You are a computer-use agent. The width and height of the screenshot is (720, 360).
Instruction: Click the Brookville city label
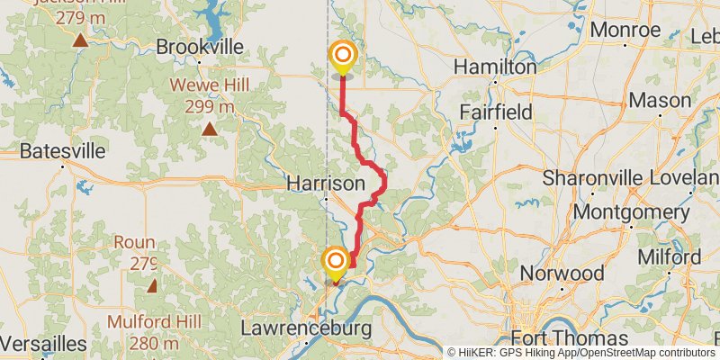pyautogui.click(x=201, y=46)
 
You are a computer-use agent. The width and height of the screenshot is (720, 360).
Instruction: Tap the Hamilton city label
pyautogui.click(x=495, y=67)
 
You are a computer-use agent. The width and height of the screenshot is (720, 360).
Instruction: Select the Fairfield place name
pyautogui.click(x=496, y=112)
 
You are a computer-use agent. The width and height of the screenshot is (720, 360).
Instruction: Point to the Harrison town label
pyautogui.click(x=326, y=183)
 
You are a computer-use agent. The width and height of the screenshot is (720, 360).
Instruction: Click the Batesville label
pyautogui.click(x=62, y=150)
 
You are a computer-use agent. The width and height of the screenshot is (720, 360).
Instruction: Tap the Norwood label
pyautogui.click(x=566, y=273)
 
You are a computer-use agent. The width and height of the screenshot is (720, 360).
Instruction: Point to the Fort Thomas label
pyautogui.click(x=570, y=339)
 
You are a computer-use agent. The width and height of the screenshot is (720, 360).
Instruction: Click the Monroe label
pyautogui.click(x=626, y=30)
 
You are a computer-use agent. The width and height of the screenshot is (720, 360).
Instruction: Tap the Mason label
pyautogui.click(x=660, y=100)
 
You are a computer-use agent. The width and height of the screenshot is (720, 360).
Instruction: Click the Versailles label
pyautogui.click(x=43, y=345)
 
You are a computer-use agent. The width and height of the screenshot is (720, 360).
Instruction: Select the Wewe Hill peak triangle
pyautogui.click(x=210, y=129)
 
